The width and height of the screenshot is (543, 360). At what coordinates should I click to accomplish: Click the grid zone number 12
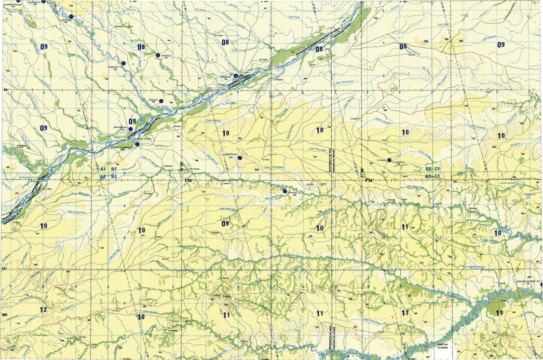43,310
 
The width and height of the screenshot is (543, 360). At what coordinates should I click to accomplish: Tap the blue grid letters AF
103,170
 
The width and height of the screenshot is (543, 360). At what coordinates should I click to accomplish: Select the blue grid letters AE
103,177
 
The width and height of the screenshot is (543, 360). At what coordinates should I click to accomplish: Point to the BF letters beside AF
114,170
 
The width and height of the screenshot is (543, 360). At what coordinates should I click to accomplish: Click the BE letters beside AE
114,177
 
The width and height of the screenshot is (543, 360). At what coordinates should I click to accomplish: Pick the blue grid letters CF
437,169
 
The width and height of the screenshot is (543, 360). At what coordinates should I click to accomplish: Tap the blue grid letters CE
437,177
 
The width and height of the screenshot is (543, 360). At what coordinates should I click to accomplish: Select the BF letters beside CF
428,169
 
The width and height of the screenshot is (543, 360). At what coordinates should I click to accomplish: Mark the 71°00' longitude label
362,170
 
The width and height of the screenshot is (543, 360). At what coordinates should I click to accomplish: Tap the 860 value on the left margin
5,315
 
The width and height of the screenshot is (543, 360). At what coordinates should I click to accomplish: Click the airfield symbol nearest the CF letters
389,160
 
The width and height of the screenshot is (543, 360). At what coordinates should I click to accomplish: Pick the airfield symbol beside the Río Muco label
284,192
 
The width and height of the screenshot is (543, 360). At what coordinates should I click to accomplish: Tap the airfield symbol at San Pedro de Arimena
137,145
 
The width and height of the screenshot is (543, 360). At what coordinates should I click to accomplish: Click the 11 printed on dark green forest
499,313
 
